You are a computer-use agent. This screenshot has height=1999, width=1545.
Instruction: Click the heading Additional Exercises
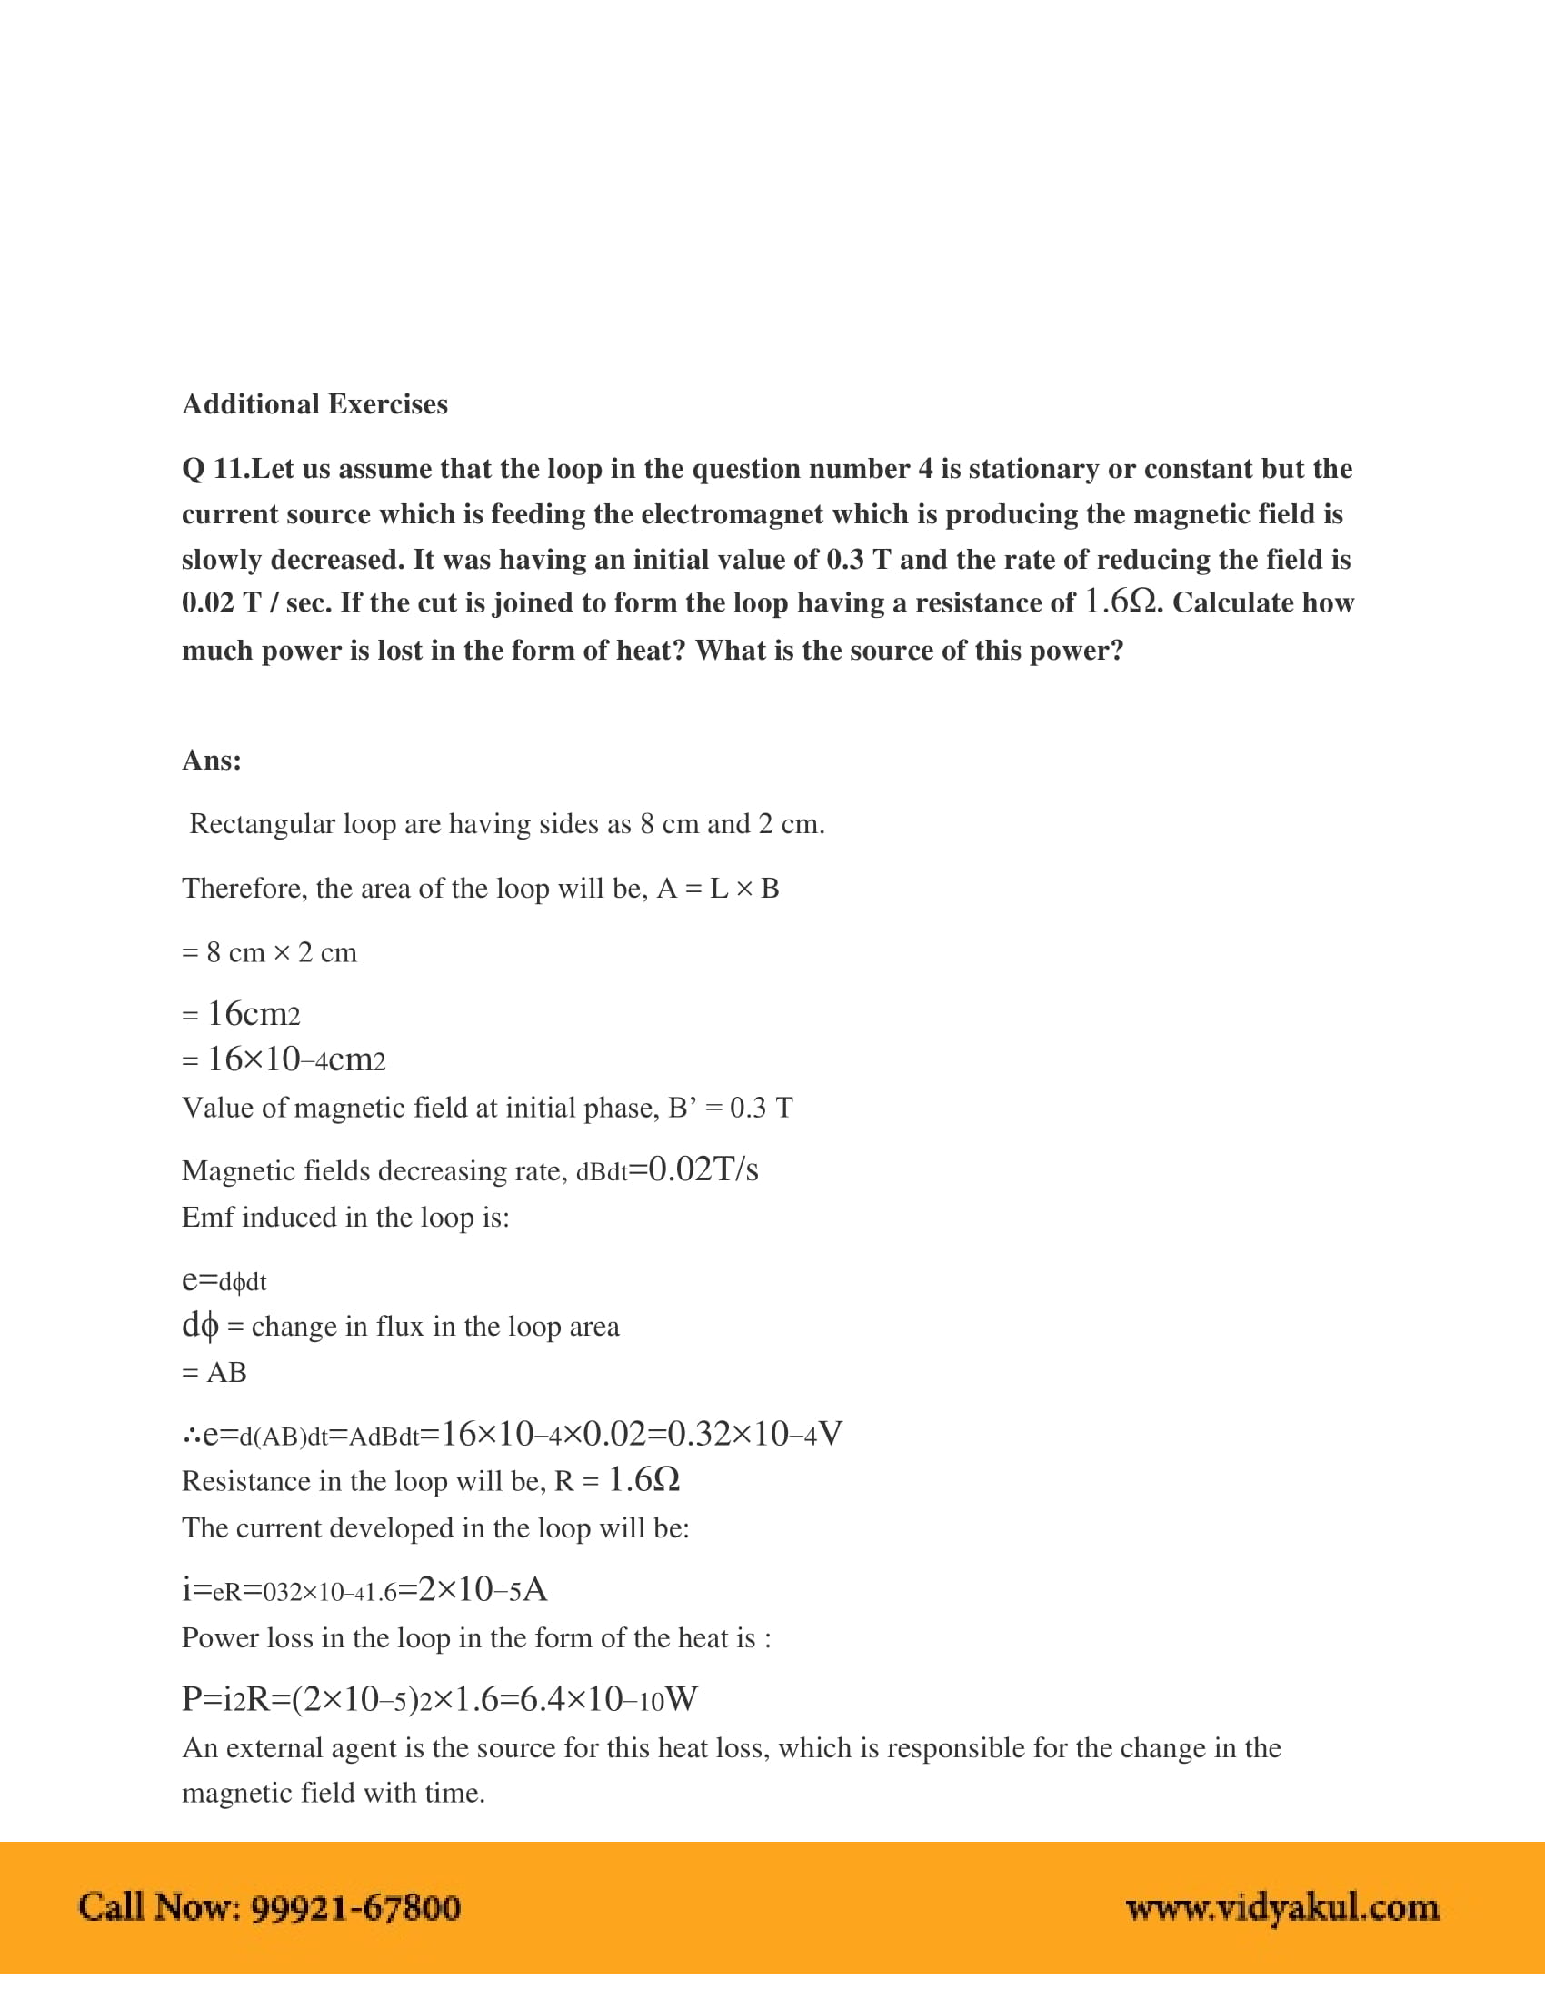click(314, 403)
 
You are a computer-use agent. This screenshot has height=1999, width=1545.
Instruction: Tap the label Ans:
click(212, 760)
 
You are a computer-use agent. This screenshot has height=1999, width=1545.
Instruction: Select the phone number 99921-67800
click(355, 1907)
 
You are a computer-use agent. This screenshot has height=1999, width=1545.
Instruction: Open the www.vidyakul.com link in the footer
click(1281, 1907)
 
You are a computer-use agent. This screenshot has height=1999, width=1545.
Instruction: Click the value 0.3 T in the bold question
click(859, 559)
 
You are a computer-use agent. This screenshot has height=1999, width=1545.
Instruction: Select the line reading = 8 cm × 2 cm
click(269, 952)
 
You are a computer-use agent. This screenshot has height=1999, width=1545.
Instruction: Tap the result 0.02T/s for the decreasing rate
click(703, 1169)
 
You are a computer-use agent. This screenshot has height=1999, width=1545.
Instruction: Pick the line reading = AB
click(214, 1372)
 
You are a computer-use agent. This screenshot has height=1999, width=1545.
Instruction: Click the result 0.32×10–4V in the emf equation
click(755, 1433)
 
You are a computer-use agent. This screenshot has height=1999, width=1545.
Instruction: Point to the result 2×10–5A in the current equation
click(483, 1589)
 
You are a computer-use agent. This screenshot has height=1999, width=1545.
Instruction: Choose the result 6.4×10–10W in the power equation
click(609, 1699)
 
